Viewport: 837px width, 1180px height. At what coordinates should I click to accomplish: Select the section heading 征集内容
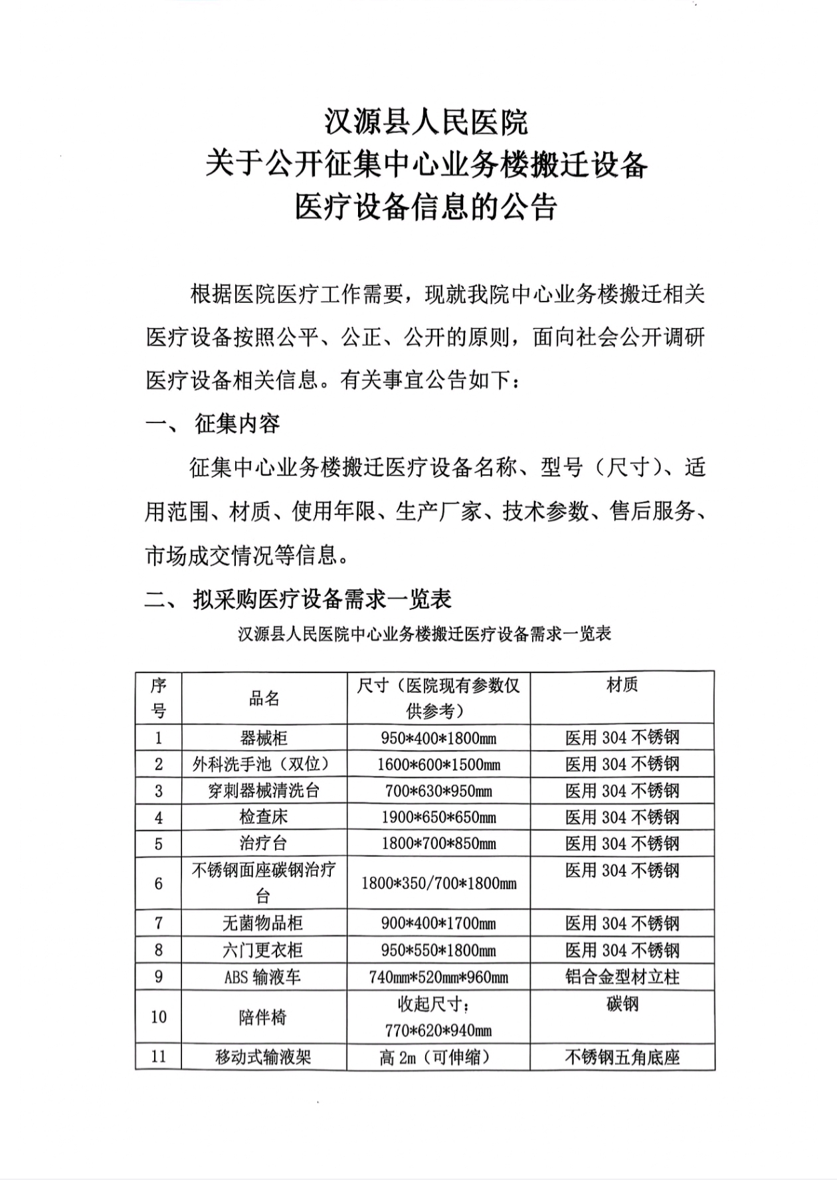pos(237,424)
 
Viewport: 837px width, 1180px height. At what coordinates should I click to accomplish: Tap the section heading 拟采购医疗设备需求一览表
pos(322,599)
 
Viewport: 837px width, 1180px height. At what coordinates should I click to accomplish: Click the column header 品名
pos(264,698)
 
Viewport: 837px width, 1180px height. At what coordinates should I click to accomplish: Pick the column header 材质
pos(622,685)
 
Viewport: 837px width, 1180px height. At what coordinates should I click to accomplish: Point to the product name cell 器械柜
pos(264,737)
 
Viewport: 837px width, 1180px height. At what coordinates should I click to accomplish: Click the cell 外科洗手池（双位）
pos(264,764)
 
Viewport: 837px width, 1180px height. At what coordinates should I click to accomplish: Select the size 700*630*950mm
pos(438,791)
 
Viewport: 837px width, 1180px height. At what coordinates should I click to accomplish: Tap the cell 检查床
pos(264,817)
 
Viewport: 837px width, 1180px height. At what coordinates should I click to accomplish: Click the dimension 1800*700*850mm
pos(438,844)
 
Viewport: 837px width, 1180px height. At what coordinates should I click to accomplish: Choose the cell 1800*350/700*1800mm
pos(438,884)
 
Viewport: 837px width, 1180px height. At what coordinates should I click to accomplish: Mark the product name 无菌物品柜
pos(264,924)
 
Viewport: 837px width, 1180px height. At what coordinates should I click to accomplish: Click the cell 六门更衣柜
pos(264,950)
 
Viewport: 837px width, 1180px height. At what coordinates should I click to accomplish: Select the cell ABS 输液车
pos(264,977)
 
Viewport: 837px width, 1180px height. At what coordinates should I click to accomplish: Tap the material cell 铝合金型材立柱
pos(622,977)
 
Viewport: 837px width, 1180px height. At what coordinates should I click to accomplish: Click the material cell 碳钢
pos(622,1004)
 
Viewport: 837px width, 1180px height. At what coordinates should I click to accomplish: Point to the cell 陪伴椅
pos(264,1017)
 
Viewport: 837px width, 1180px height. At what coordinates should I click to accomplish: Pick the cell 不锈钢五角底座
pos(622,1057)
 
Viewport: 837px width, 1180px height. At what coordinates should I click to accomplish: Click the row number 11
pos(158,1056)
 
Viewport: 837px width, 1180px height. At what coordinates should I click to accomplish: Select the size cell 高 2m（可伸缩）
pos(438,1057)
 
